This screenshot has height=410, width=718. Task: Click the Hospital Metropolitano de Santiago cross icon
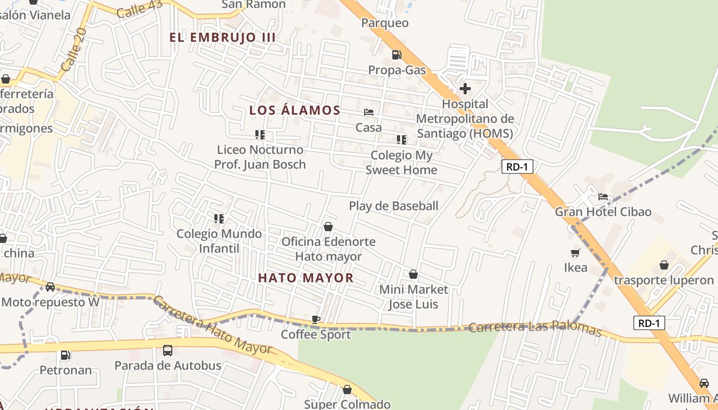465,89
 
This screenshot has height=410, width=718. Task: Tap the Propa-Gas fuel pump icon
396,54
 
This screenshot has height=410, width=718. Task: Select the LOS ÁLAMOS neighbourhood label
295,110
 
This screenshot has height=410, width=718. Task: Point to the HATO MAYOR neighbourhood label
306,278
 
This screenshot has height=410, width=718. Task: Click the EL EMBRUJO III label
223,37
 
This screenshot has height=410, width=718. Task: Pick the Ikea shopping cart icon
575,252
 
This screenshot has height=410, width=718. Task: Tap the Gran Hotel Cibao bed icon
603,196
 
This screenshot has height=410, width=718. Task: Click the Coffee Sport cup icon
316,319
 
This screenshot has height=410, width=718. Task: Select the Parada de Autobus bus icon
168,351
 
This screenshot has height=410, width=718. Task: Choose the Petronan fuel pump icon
65,355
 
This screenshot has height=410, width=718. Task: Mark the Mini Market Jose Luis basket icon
413,274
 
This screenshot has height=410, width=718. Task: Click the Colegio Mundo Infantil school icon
219,219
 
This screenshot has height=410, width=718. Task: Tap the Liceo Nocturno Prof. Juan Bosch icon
260,135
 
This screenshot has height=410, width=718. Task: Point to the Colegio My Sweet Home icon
402,139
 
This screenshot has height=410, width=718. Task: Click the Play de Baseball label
393,206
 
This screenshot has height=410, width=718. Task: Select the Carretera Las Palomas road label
535,327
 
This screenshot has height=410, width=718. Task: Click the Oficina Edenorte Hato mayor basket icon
328,227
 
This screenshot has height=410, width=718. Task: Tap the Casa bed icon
369,112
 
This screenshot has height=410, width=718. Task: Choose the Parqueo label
385,23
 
